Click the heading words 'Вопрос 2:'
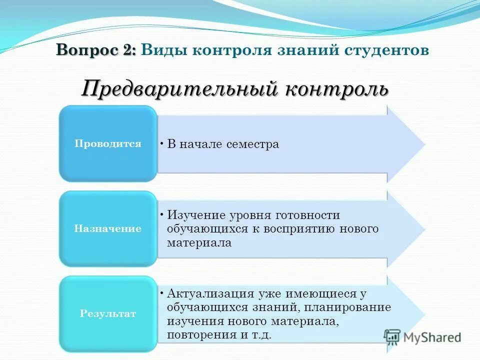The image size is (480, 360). [96, 50]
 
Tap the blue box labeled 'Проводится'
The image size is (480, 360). [108, 144]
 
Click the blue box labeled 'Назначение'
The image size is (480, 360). [108, 229]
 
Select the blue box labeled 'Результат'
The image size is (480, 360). [108, 314]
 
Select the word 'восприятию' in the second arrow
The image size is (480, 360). [308, 229]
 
